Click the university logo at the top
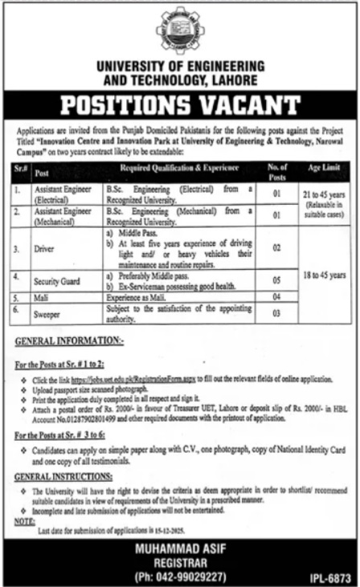coord(179,29)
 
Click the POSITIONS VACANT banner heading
coord(180,105)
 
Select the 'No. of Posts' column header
coord(275,171)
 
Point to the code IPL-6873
coord(331,577)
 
